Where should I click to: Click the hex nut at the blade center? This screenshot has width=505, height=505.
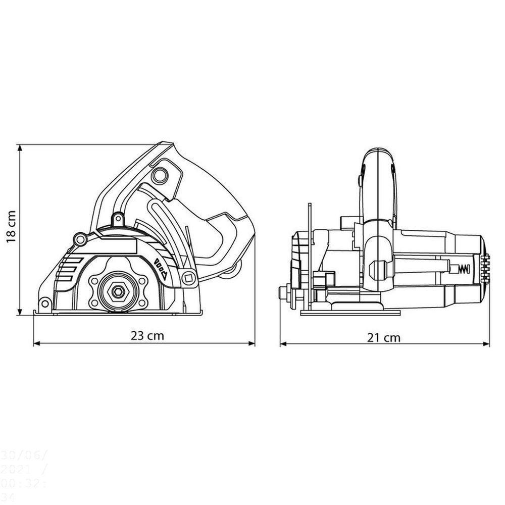coord(118,291)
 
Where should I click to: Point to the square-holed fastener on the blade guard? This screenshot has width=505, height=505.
coord(189,277)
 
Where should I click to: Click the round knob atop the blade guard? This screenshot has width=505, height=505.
coord(118,219)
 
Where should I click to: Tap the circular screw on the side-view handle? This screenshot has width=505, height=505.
coord(160,175)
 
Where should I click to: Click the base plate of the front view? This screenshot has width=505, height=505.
coord(350,313)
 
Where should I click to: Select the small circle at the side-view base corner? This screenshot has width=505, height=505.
coord(44,303)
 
